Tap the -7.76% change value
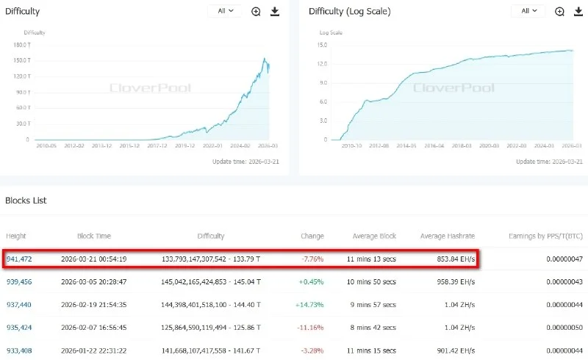click(312, 259)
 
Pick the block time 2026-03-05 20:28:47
click(94, 281)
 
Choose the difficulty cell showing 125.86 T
click(211, 327)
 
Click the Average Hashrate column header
click(448, 236)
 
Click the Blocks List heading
click(26, 200)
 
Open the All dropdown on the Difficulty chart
click(224, 11)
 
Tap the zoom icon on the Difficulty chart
click(256, 12)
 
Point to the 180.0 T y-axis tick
click(21, 44)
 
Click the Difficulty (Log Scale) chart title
click(350, 12)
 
